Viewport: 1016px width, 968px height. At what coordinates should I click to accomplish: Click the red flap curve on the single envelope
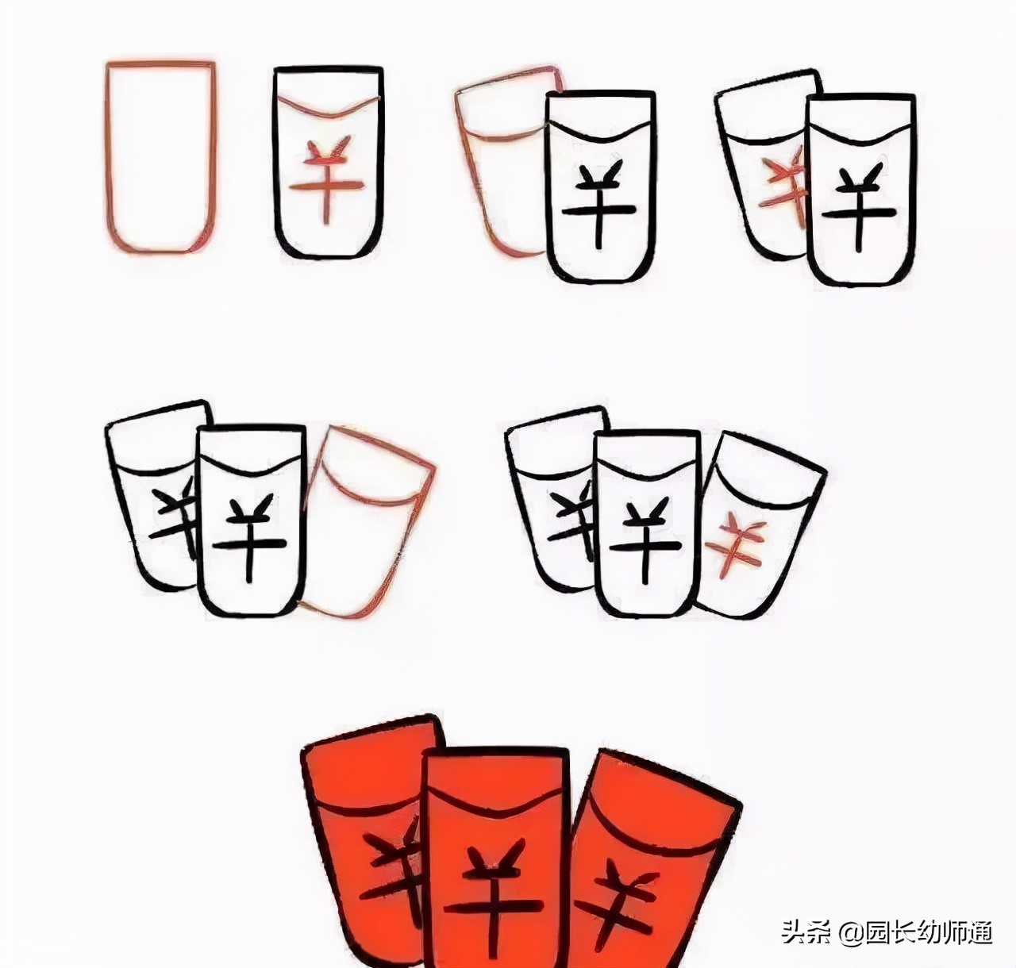point(329,107)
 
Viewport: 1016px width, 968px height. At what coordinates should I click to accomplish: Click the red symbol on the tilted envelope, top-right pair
point(784,192)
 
